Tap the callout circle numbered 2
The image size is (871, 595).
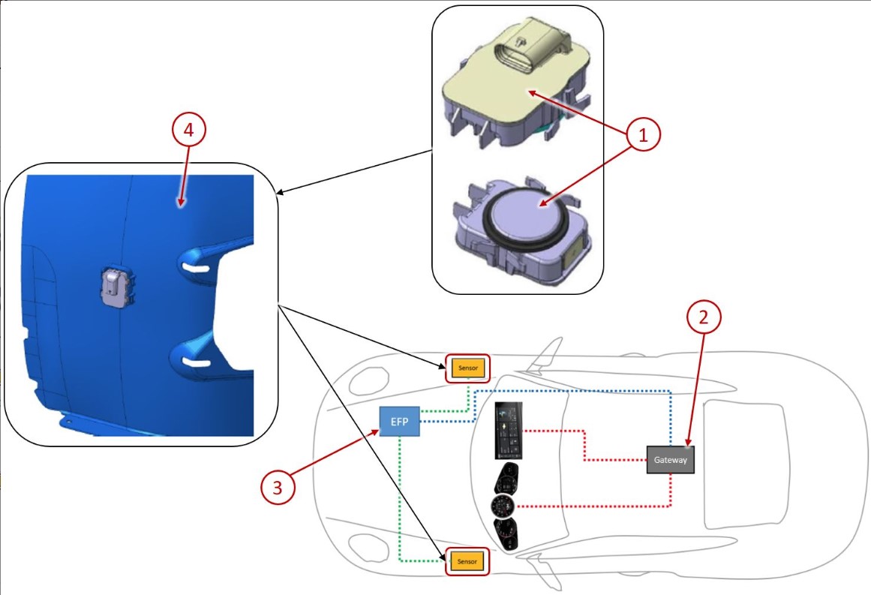point(704,318)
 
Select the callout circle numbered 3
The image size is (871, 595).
point(278,488)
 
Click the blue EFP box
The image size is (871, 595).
point(399,422)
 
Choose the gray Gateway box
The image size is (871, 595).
point(671,459)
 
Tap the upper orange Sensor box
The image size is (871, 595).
point(467,368)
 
